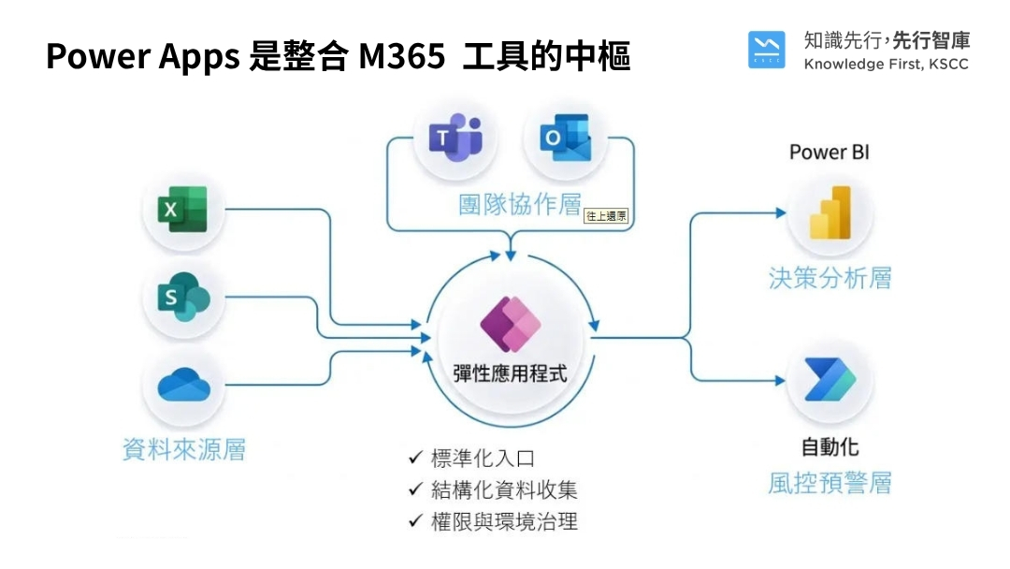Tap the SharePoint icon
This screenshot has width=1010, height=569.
183,299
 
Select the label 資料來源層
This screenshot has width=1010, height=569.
184,449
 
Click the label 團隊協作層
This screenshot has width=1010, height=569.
519,205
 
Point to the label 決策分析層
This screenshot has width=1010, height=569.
830,278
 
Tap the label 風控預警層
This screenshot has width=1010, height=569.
830,482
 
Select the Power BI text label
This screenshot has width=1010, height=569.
830,152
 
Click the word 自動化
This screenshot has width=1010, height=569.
830,445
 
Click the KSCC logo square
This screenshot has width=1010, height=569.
767,51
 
